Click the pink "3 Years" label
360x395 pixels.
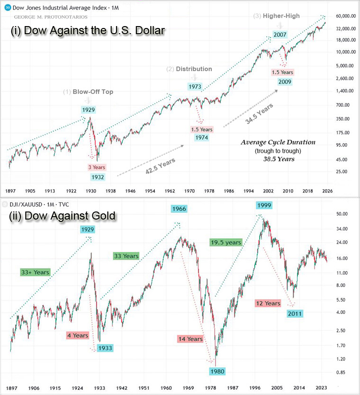tap(97, 167)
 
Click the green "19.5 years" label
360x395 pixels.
tap(225, 242)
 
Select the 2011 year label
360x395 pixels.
tap(294, 313)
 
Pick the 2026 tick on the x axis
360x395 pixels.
tap(327, 191)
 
